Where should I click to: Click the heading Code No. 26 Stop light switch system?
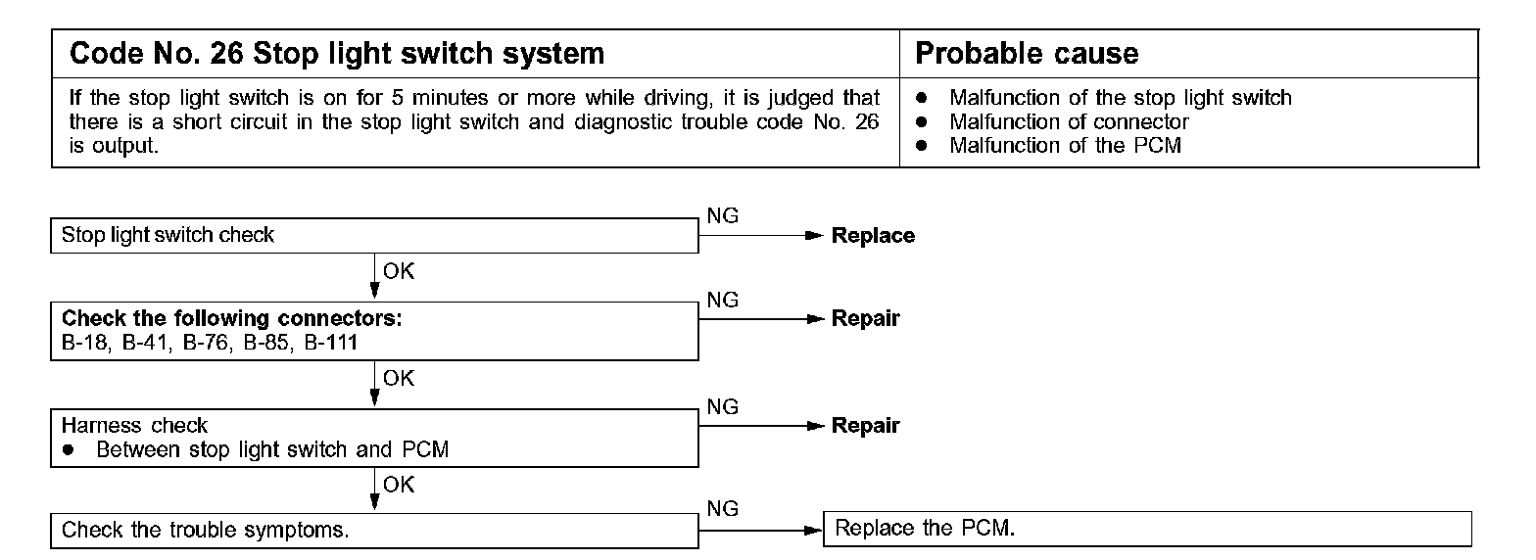[x=336, y=53]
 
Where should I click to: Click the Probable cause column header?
[x=1026, y=53]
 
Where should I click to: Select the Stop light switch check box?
[x=374, y=236]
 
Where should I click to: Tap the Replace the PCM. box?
[x=1147, y=529]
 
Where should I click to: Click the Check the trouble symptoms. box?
[x=374, y=530]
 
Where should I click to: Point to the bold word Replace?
[x=873, y=236]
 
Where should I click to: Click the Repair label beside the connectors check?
[x=865, y=319]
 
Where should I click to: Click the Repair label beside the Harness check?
[x=865, y=426]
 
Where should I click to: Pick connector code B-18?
[x=85, y=342]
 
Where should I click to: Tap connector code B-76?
[x=207, y=342]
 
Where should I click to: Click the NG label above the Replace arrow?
[x=722, y=217]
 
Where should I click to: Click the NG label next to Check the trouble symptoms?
[x=722, y=509]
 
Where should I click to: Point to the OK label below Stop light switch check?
[x=399, y=272]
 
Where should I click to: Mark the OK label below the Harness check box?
[x=399, y=485]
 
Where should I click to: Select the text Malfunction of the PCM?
[x=1065, y=146]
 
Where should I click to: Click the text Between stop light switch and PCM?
[x=272, y=449]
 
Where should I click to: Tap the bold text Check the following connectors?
[x=232, y=319]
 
